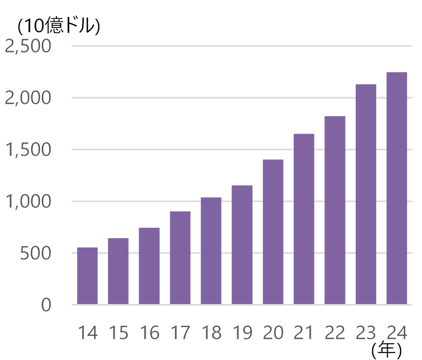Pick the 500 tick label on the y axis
(x=36, y=253)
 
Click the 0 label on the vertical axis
(x=46, y=305)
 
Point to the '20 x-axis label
(x=274, y=333)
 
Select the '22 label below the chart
(x=334, y=333)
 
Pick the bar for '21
(x=304, y=211)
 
